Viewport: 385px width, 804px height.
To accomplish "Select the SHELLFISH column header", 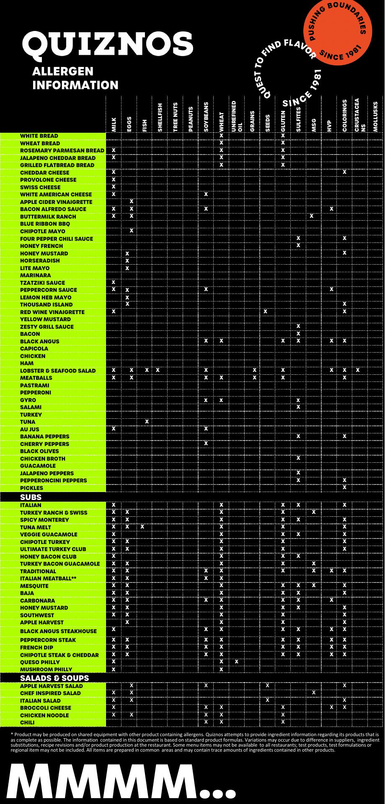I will [160, 118].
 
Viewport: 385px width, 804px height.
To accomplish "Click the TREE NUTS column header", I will [175, 117].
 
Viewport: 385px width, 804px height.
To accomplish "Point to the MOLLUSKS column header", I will [375, 116].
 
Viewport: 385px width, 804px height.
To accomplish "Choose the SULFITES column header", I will [298, 119].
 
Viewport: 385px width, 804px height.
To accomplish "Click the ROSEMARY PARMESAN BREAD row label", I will [62, 150].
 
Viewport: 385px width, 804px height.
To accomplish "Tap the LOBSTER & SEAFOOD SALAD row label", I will [58, 371].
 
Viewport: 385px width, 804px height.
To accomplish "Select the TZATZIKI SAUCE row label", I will [42, 283].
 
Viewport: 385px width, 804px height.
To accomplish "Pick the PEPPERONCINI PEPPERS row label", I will [53, 480].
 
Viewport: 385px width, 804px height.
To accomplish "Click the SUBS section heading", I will [31, 497].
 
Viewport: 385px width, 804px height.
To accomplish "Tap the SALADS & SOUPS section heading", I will [54, 678].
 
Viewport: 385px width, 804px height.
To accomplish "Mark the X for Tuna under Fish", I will [147, 421].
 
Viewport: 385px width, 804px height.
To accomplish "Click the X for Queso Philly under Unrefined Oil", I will [237, 662].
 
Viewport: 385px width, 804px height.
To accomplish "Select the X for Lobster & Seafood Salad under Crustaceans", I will [358, 370].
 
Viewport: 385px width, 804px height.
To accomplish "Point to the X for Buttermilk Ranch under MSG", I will [312, 216].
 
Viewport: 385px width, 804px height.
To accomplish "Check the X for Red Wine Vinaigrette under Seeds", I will [266, 312].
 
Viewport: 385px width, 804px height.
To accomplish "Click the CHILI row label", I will [27, 722].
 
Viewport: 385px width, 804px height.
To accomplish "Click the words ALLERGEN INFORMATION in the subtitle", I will [75, 78].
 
